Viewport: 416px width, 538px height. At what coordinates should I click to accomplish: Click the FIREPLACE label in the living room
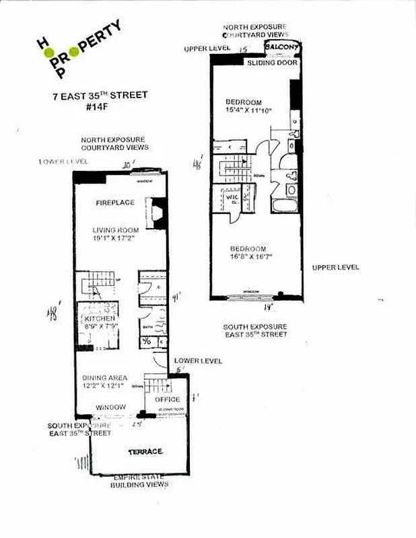pyautogui.click(x=114, y=202)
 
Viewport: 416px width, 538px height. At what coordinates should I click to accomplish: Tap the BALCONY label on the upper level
pyautogui.click(x=281, y=46)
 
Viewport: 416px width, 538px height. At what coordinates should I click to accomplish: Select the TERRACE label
pyautogui.click(x=146, y=451)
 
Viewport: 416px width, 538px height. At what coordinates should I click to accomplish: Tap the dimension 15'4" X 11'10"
pyautogui.click(x=248, y=110)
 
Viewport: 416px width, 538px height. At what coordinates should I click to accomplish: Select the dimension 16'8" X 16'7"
pyautogui.click(x=251, y=256)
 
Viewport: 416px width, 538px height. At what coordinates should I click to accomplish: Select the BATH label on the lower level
pyautogui.click(x=147, y=327)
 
